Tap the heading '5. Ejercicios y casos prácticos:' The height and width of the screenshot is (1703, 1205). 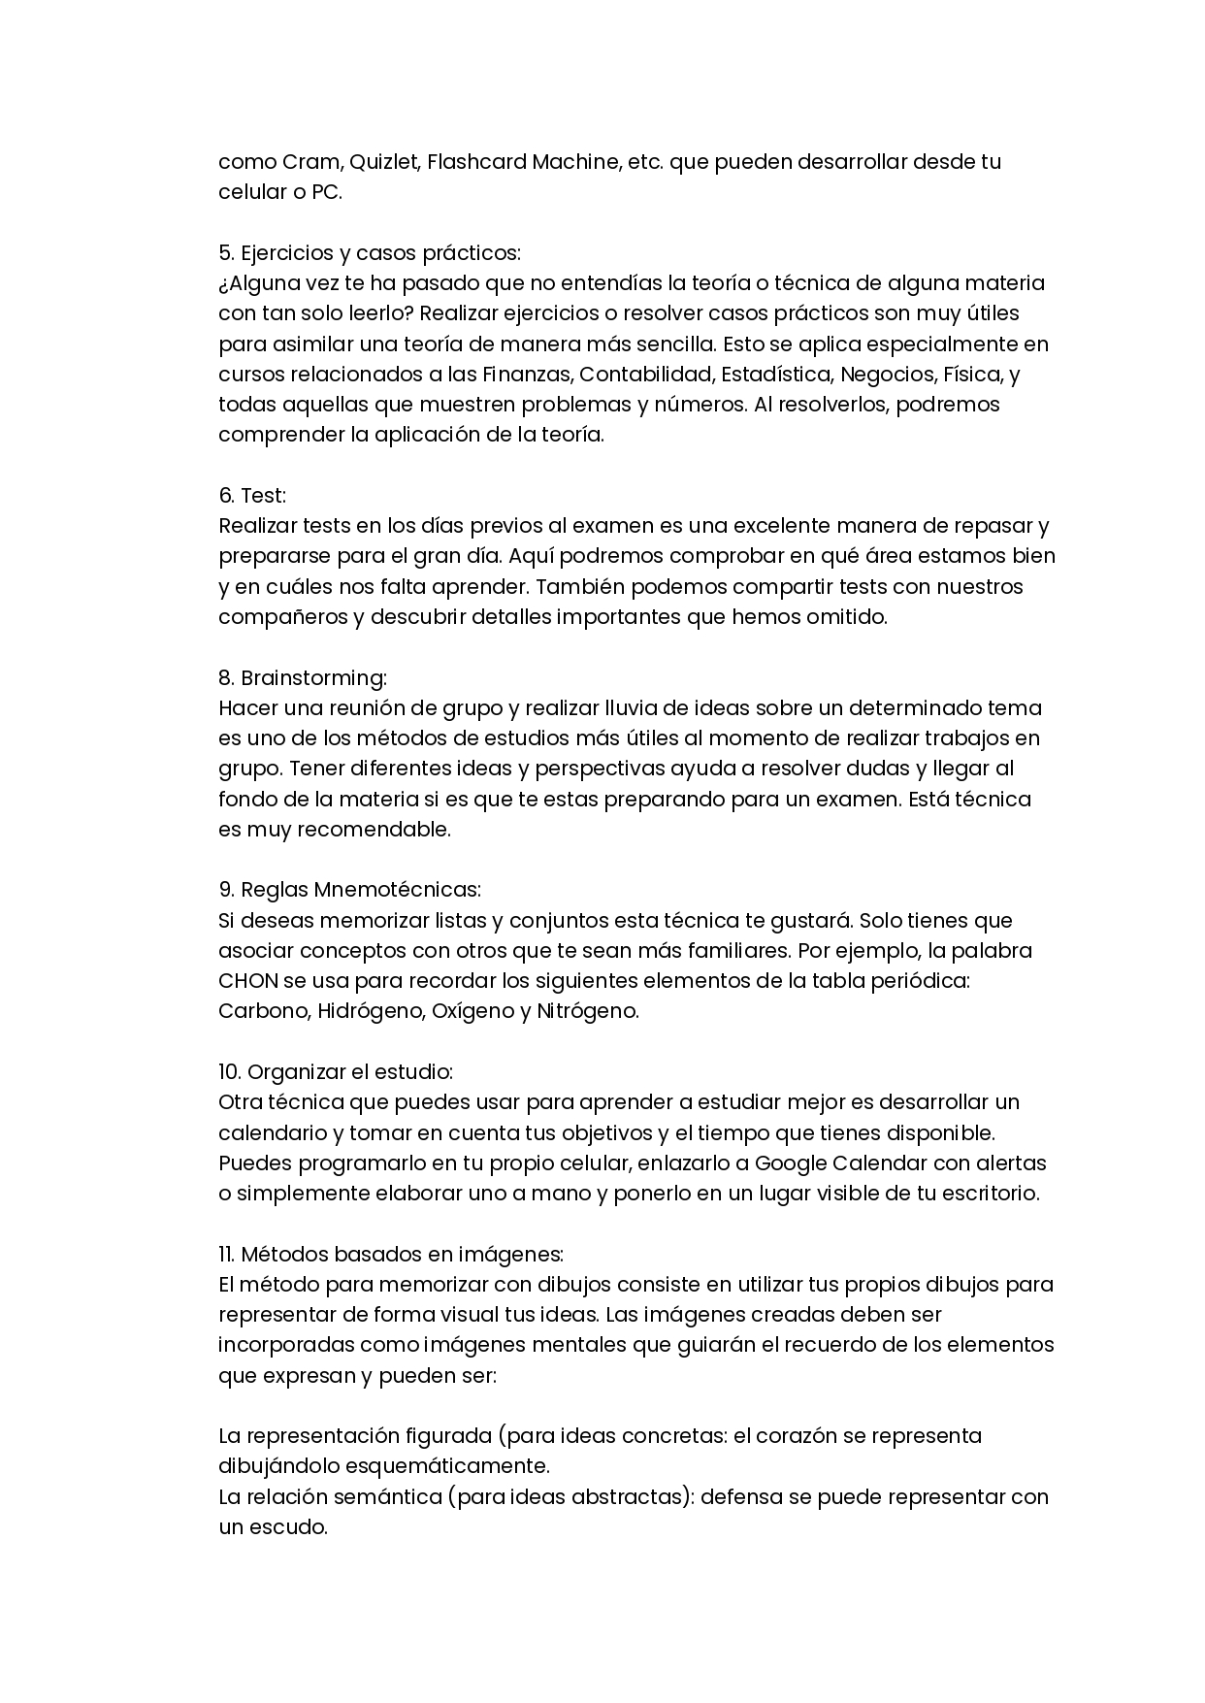click(370, 252)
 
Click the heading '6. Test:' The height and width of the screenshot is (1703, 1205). click(252, 495)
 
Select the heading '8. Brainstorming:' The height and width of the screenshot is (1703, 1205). click(303, 677)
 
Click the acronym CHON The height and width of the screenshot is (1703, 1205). click(247, 980)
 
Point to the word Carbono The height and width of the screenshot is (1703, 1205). click(263, 1010)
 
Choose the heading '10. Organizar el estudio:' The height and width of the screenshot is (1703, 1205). click(336, 1071)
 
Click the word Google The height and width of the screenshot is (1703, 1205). click(790, 1163)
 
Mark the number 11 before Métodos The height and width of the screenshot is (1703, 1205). click(227, 1254)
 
